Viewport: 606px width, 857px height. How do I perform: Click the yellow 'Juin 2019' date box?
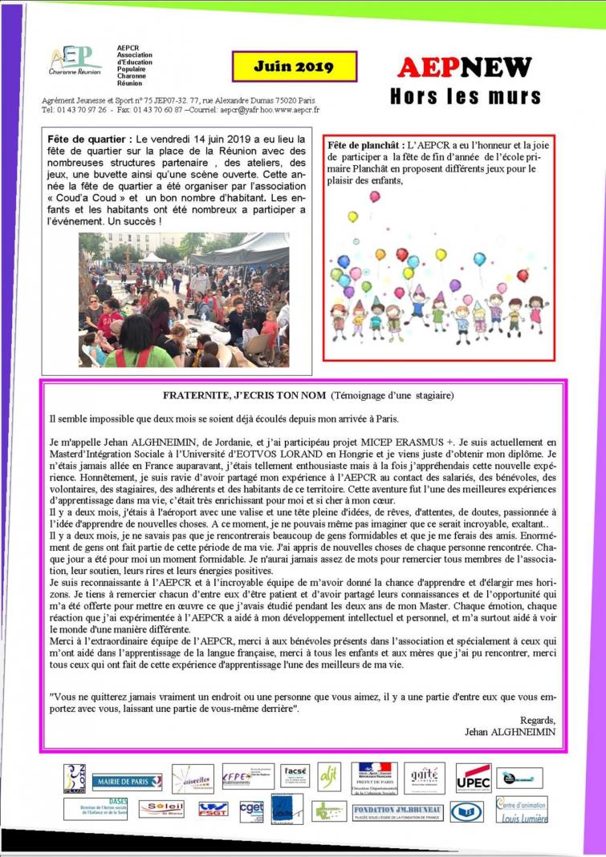tap(283, 67)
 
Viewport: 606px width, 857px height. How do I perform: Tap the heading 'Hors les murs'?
tap(466, 97)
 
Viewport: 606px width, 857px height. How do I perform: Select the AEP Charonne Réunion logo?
tap(75, 60)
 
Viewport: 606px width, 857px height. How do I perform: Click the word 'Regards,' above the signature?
tap(537, 719)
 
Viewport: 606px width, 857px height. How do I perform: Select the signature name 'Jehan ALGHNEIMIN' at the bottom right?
tap(505, 731)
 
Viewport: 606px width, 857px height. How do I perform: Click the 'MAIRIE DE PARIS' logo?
tap(127, 782)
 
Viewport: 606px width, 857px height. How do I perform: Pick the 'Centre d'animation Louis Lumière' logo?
tap(522, 810)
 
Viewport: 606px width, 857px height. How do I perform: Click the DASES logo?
tap(96, 809)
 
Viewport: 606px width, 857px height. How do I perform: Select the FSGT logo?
tap(214, 809)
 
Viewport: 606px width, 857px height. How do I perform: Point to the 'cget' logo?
tap(251, 809)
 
